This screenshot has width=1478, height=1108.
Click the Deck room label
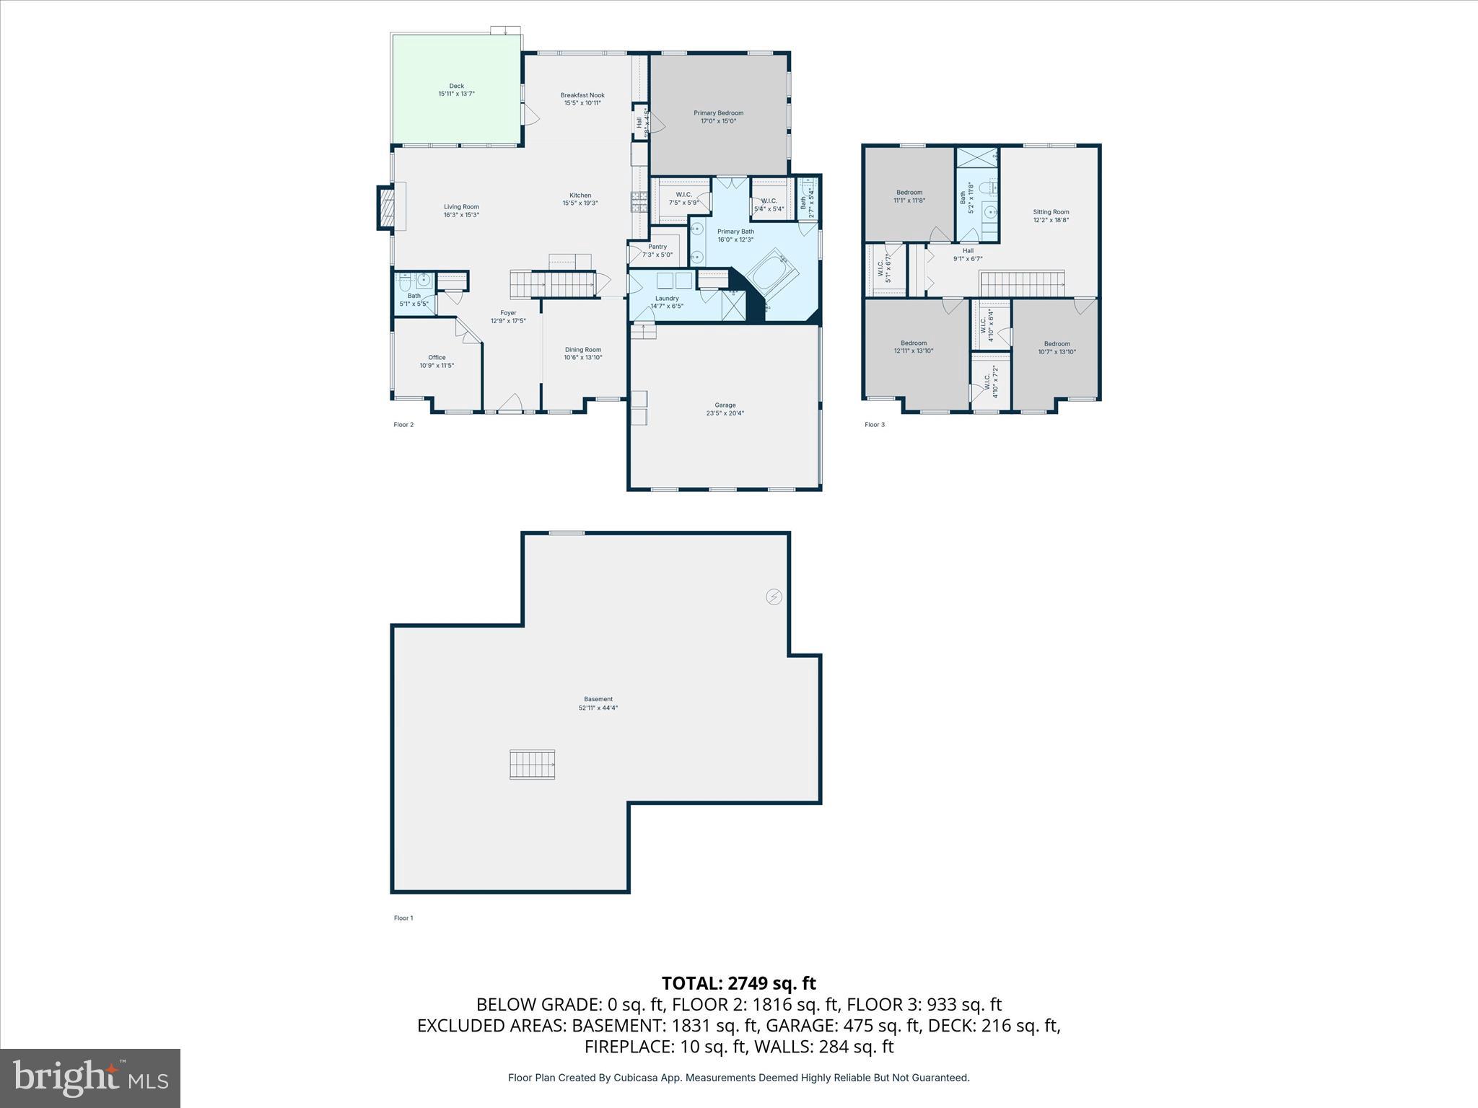pos(456,86)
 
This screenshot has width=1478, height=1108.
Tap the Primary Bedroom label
pos(718,113)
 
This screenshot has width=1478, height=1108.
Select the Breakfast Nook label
pos(582,95)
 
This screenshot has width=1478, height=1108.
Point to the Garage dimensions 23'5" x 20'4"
pos(725,413)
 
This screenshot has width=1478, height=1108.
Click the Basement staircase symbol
pos(533,765)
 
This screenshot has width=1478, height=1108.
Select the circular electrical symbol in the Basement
pos(774,597)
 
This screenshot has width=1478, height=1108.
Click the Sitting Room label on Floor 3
pos(1050,212)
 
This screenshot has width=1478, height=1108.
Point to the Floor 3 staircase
pos(1022,284)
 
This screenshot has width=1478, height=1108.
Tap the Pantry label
pos(657,247)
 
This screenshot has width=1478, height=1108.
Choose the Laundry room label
pos(667,299)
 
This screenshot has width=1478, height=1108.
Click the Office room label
pos(437,358)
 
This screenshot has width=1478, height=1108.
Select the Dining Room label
pos(582,350)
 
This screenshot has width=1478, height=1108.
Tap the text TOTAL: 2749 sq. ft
pos(738,983)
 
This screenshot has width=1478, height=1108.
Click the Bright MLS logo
pos(90,1078)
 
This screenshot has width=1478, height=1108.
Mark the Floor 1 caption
pos(403,918)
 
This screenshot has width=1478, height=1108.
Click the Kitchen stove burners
pos(639,203)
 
